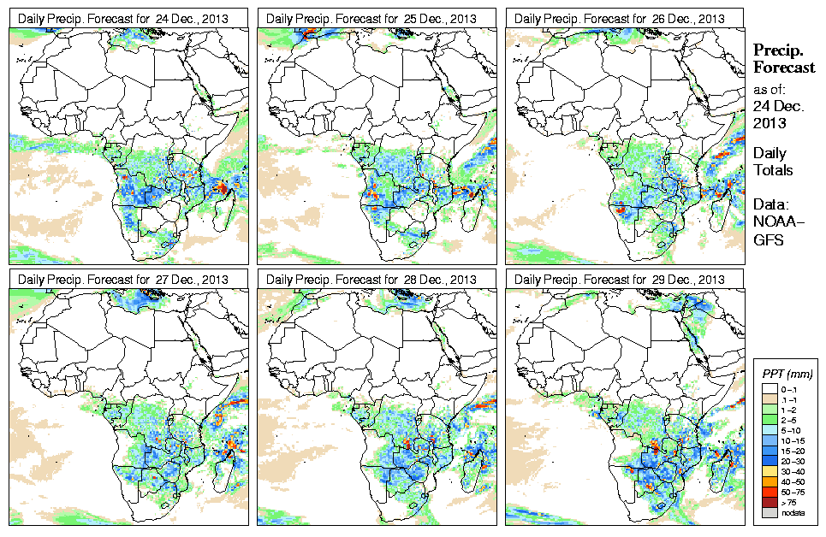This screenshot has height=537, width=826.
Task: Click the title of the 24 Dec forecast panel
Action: pos(123,18)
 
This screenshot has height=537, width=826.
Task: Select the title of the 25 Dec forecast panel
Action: pos(371,18)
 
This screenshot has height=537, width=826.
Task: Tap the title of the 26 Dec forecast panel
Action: pos(620,18)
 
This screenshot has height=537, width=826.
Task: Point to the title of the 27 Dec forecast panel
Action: pos(123,280)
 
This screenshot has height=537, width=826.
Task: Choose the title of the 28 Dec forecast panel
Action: pos(371,280)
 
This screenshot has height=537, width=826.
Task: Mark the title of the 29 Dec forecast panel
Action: pos(620,280)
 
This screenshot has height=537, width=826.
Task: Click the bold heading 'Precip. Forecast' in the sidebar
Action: pos(782,59)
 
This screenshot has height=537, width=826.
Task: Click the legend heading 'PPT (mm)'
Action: pos(787,374)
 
